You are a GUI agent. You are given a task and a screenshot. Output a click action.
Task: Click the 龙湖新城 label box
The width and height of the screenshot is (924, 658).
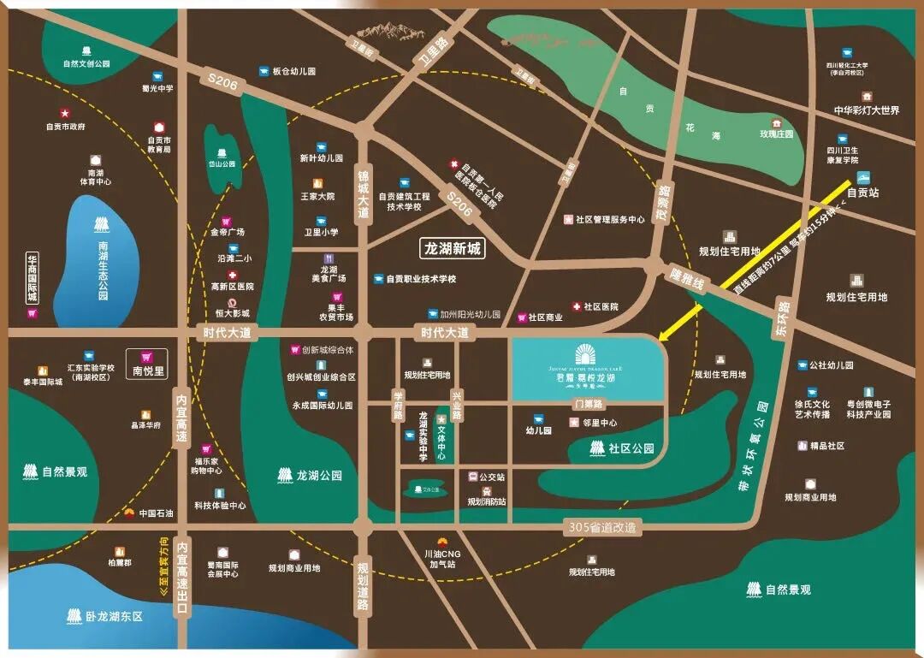click(453, 249)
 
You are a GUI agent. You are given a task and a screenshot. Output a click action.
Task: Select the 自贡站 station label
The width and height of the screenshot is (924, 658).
click(862, 193)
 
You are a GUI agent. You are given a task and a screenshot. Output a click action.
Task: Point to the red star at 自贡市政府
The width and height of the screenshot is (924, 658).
click(64, 113)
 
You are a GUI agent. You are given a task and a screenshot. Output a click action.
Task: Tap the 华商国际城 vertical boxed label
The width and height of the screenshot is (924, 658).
click(33, 277)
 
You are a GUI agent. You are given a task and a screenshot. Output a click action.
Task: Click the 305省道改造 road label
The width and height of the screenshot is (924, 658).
click(603, 528)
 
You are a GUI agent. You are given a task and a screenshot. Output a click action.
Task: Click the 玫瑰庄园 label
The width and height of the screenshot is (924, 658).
click(776, 134)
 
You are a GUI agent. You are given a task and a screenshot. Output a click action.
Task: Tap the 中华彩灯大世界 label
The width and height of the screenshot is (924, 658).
click(867, 110)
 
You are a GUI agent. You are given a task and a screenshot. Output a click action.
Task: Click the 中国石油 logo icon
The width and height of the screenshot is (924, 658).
click(129, 513)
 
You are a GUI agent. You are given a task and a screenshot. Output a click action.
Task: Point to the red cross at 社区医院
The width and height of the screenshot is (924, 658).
click(577, 306)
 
